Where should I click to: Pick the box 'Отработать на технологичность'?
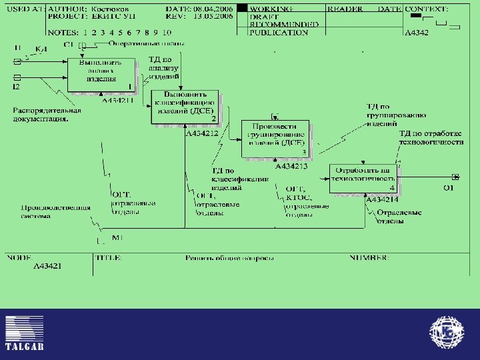coord(364,178)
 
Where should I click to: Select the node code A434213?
coord(291,166)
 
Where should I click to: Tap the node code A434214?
coord(383,199)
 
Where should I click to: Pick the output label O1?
coord(449,188)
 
